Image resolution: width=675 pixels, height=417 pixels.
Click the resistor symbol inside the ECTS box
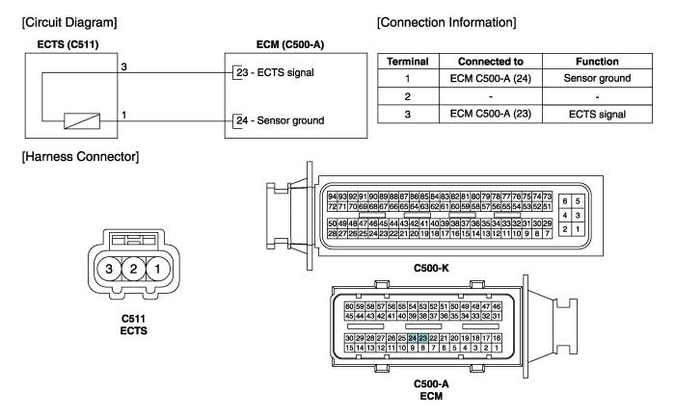(x=78, y=120)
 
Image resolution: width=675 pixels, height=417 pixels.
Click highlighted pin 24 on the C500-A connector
(x=412, y=338)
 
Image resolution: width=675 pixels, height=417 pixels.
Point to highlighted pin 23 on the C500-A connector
(x=423, y=338)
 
